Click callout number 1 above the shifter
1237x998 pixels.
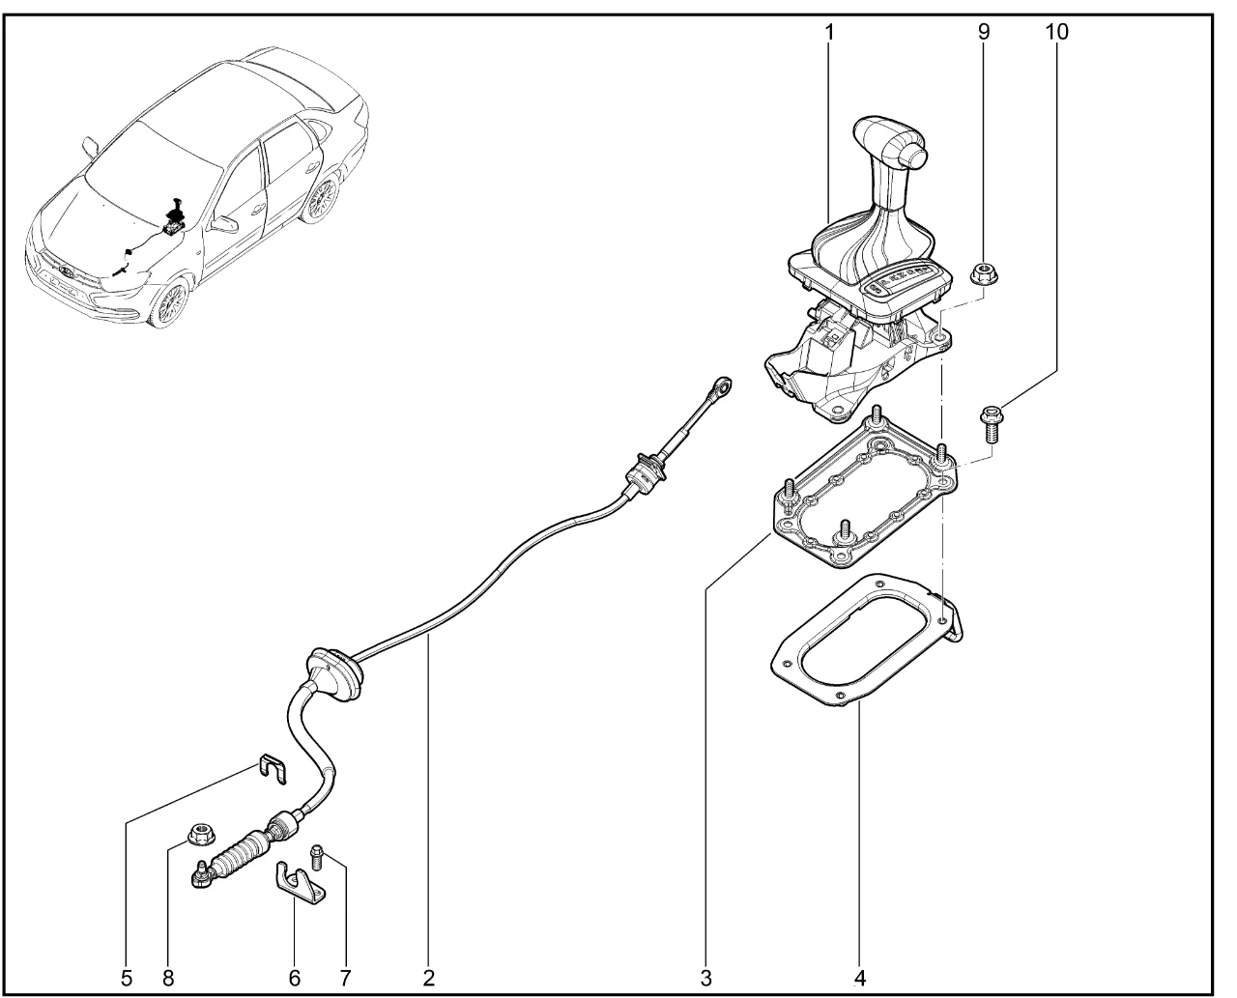(x=829, y=33)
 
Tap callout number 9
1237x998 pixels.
(x=983, y=32)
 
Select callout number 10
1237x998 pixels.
(x=1056, y=32)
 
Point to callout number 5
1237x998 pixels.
(x=127, y=979)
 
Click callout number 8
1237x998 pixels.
(x=168, y=979)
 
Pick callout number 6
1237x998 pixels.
(x=295, y=979)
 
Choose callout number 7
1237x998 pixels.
(x=345, y=979)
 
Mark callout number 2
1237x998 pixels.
(x=428, y=979)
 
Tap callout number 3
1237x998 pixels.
(x=705, y=979)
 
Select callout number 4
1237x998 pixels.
(x=860, y=979)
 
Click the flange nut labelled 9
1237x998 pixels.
(x=985, y=273)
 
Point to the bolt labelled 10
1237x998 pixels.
(x=991, y=424)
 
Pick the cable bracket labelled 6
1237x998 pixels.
(x=299, y=885)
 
